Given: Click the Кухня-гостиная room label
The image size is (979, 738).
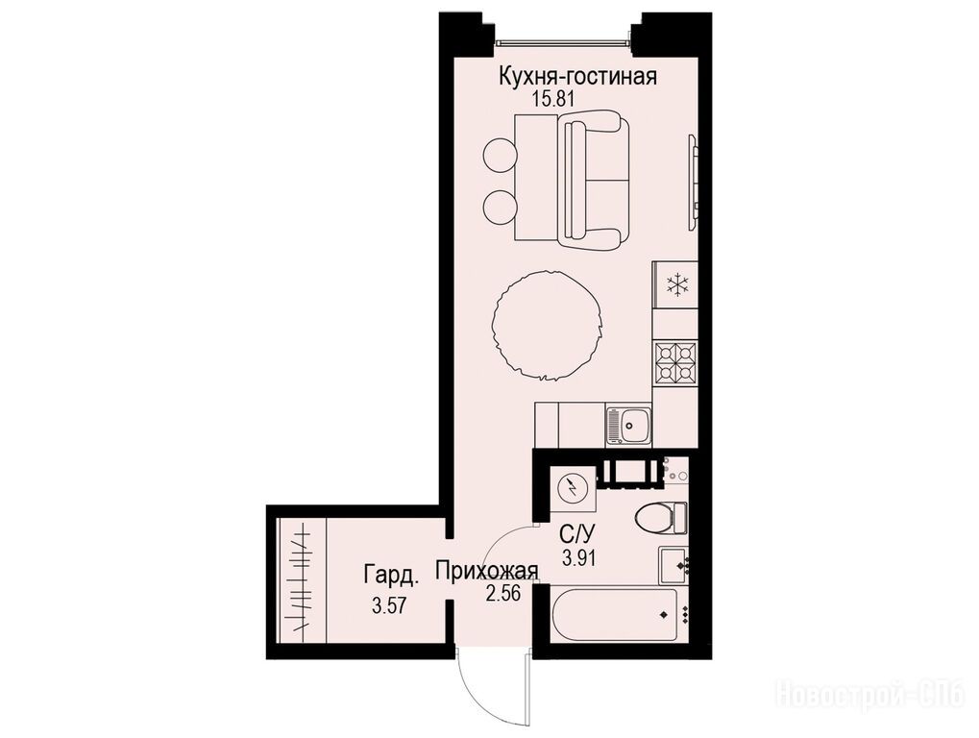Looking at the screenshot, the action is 577,77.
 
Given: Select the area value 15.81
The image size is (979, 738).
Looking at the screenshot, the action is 552,98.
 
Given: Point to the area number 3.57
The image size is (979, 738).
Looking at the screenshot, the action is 389,605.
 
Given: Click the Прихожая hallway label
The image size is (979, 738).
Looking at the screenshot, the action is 487,571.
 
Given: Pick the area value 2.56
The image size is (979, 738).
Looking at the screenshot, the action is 503,593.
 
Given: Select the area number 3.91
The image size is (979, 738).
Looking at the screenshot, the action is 578,557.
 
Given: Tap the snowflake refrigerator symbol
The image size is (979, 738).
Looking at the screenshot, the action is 676,284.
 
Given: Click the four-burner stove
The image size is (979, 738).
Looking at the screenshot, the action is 675,362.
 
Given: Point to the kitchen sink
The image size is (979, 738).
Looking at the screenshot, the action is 628,425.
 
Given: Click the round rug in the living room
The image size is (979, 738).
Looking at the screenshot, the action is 547,325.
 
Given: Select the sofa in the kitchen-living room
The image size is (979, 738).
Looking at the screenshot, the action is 593,180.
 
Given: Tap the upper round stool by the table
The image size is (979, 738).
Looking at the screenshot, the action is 501,153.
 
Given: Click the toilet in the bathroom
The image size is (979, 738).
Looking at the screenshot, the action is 661,518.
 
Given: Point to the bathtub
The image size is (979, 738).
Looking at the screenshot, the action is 615,614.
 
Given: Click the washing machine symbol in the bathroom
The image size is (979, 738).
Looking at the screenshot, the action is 572,488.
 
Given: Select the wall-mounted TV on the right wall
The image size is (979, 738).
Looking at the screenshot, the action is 693,181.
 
